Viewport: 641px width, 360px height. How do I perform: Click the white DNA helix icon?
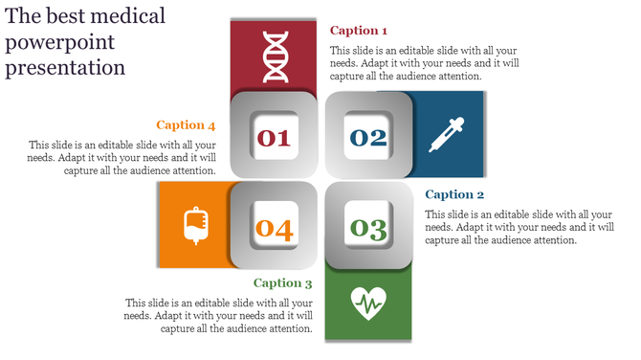[274, 56]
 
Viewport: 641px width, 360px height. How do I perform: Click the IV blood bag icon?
[195, 225]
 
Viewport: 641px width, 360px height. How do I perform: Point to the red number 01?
[274, 138]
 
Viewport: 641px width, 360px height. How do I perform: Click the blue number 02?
[368, 138]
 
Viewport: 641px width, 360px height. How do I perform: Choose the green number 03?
[368, 228]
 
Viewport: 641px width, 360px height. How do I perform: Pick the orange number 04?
[274, 229]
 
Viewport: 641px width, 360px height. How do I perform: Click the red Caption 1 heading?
[359, 31]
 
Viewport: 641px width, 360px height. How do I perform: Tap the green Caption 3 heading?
[283, 283]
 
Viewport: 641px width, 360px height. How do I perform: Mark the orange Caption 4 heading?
[186, 124]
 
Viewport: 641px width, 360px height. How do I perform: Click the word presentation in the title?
[65, 69]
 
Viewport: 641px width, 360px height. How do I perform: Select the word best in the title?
[62, 16]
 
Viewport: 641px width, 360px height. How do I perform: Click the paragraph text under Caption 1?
[425, 63]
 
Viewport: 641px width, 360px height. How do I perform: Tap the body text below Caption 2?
[519, 228]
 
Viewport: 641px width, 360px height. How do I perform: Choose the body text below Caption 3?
[219, 315]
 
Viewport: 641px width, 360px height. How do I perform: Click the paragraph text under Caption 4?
[122, 157]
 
